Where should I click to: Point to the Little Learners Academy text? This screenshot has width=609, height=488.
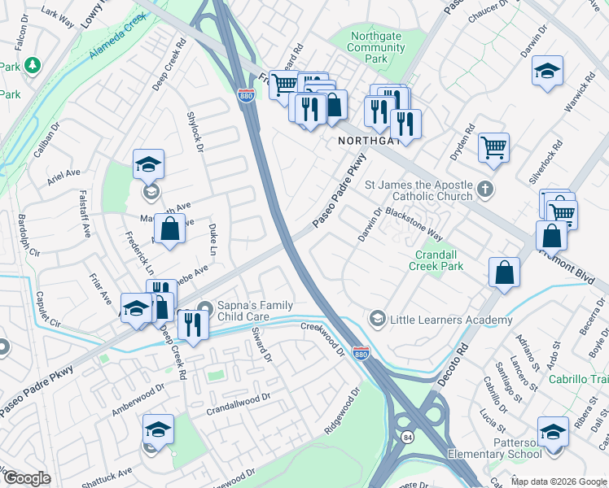click(x=452, y=320)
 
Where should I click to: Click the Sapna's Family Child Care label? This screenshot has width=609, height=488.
click(x=254, y=307)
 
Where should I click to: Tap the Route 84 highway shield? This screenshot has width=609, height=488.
click(x=406, y=438)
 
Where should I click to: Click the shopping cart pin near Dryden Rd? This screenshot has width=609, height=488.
click(x=493, y=147)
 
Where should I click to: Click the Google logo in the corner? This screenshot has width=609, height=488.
click(x=27, y=478)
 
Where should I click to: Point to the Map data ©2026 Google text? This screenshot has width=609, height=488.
click(x=559, y=481)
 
